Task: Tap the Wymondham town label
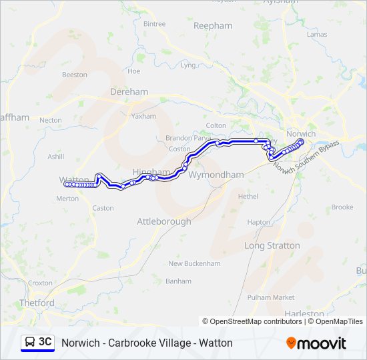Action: point(216,175)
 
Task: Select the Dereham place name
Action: point(129,92)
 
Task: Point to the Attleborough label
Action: point(163,221)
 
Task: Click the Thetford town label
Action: point(37,303)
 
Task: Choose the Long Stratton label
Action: point(272,245)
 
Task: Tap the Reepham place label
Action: point(212,26)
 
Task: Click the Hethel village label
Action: point(248,197)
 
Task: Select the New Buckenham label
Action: point(194,263)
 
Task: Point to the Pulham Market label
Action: point(270,297)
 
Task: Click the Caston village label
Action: point(103,208)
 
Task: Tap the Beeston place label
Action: point(74,75)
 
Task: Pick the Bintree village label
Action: point(154,24)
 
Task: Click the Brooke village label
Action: point(342,207)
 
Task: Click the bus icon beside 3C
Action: point(30,343)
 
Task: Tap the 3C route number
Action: point(45,342)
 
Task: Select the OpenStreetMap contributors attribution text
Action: point(252,321)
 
